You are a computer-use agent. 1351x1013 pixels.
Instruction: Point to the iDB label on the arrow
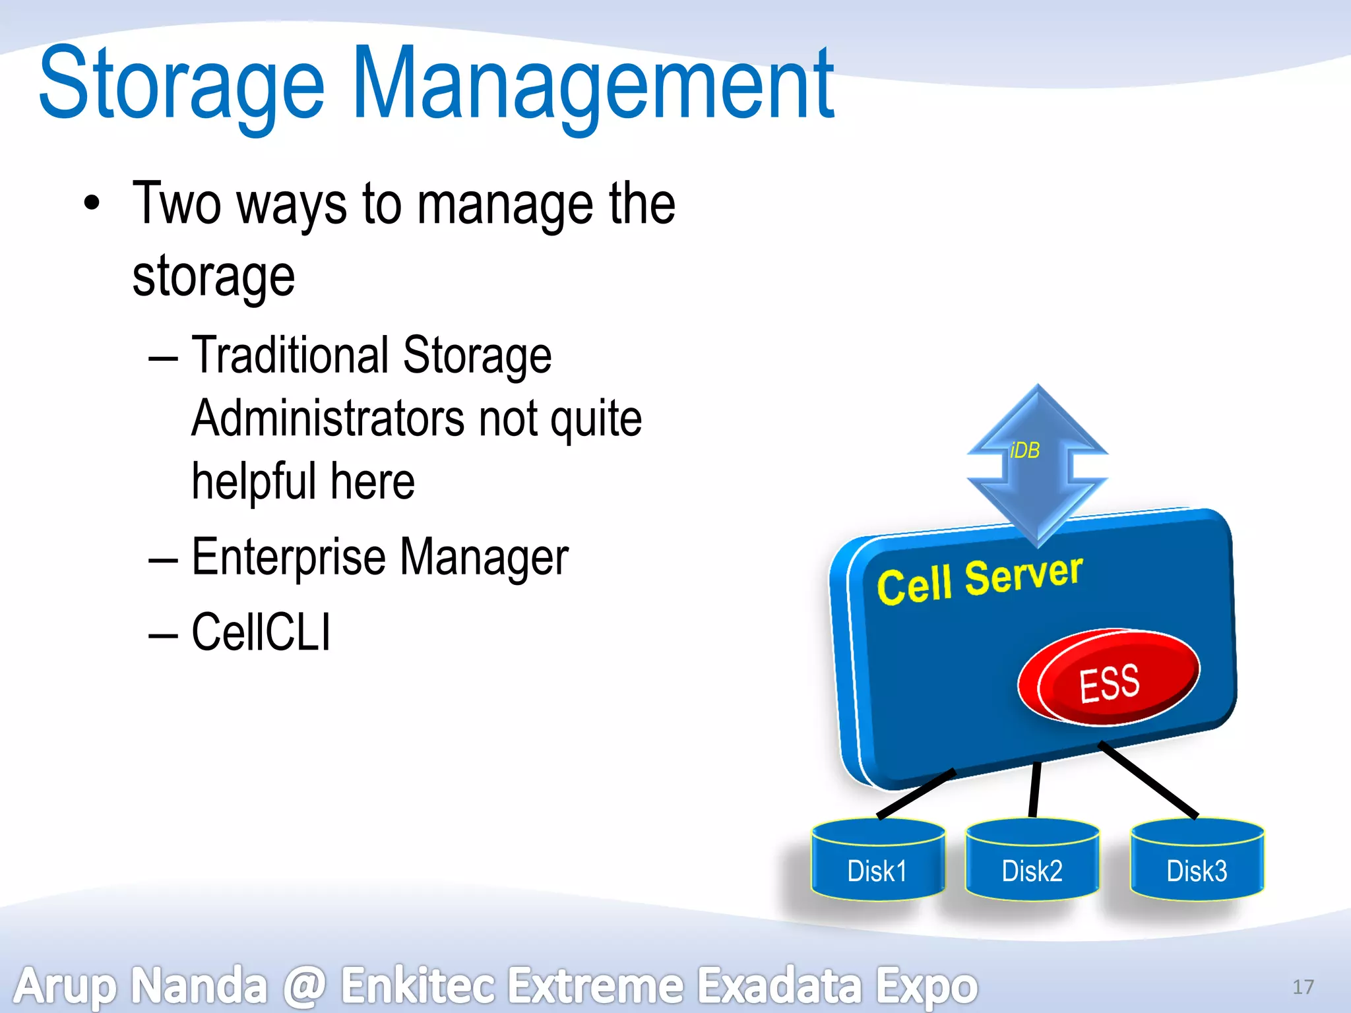pyautogui.click(x=1024, y=450)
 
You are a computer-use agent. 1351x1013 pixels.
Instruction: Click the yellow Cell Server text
pyautogui.click(x=980, y=580)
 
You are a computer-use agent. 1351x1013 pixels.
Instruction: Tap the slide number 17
pyautogui.click(x=1303, y=987)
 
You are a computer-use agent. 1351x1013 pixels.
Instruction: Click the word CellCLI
pyautogui.click(x=261, y=632)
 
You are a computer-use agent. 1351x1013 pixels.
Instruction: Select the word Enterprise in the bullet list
pyautogui.click(x=288, y=557)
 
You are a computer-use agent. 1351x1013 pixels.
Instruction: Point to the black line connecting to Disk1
pyautogui.click(x=916, y=794)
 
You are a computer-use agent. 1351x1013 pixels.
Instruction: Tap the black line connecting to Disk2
pyautogui.click(x=1034, y=789)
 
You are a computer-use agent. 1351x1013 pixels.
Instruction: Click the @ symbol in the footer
pyautogui.click(x=305, y=985)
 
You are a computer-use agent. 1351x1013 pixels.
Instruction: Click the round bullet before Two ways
pyautogui.click(x=92, y=203)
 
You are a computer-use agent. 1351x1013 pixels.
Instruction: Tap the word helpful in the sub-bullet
pyautogui.click(x=254, y=481)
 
